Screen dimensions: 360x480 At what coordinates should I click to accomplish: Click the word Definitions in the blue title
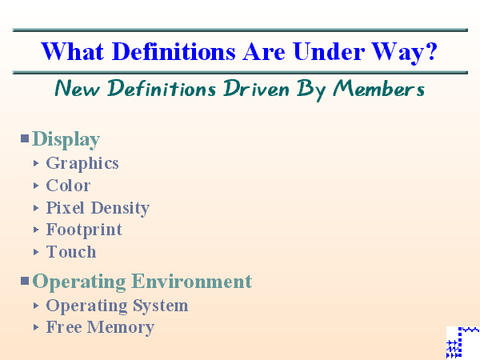164,53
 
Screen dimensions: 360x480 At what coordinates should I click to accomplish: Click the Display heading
66,139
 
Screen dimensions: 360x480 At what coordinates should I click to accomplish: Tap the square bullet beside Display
25,138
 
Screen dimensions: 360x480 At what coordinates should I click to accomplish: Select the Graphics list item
82,163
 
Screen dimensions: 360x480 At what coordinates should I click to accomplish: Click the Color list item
68,186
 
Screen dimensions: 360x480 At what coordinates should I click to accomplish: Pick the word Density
120,208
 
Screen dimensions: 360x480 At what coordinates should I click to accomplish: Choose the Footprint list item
84,230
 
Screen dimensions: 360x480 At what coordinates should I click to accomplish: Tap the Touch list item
71,252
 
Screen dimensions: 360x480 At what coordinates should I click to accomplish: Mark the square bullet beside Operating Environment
25,281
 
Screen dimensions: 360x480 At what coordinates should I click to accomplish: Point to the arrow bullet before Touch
36,252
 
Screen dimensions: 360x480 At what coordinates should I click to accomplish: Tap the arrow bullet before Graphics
36,163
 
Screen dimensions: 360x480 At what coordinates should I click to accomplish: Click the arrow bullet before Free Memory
36,327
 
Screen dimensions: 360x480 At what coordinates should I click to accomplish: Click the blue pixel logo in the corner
462,342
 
